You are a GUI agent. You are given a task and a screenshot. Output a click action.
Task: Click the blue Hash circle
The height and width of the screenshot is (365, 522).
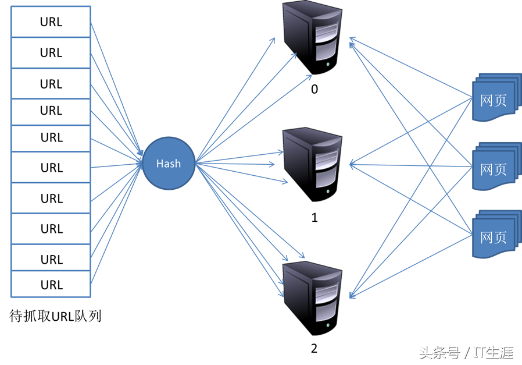(169, 164)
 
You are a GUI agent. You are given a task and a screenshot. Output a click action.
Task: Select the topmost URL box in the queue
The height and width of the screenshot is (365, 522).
(51, 22)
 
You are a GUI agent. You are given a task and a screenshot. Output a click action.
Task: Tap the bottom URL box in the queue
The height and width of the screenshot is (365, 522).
(51, 284)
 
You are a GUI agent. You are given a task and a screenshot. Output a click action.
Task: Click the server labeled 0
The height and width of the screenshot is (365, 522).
(312, 38)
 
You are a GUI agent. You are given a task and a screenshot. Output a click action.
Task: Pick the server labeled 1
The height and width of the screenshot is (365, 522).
(312, 164)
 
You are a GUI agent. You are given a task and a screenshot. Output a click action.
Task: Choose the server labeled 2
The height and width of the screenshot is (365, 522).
(312, 297)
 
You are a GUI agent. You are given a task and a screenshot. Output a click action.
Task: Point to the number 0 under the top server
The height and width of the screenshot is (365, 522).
(314, 89)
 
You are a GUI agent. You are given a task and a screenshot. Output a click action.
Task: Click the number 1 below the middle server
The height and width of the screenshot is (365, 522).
(314, 218)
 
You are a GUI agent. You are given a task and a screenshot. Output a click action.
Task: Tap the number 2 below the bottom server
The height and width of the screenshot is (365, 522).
(314, 348)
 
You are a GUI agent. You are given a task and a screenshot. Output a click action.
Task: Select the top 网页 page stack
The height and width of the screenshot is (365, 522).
(496, 97)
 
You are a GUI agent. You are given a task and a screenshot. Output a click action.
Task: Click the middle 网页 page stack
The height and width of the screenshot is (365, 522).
(496, 166)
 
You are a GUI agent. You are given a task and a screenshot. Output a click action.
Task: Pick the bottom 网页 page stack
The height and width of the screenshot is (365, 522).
(496, 235)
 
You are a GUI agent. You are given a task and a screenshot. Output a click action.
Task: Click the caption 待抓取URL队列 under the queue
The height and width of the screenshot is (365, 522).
(55, 316)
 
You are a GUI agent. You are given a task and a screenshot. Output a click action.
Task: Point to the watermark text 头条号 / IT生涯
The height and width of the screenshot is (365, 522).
(466, 353)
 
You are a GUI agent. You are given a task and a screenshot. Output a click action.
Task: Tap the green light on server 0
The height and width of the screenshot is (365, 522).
(328, 64)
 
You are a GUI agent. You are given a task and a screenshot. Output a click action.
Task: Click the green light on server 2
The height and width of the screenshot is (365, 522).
(328, 325)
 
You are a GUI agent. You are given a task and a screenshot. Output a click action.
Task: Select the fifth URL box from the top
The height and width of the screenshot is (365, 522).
(51, 139)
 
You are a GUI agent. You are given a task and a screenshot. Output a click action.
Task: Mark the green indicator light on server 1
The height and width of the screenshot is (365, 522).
(328, 192)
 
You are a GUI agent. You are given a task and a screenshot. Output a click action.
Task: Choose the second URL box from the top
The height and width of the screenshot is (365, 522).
(51, 52)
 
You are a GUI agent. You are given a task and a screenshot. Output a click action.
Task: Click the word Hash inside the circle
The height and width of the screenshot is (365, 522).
(169, 164)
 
